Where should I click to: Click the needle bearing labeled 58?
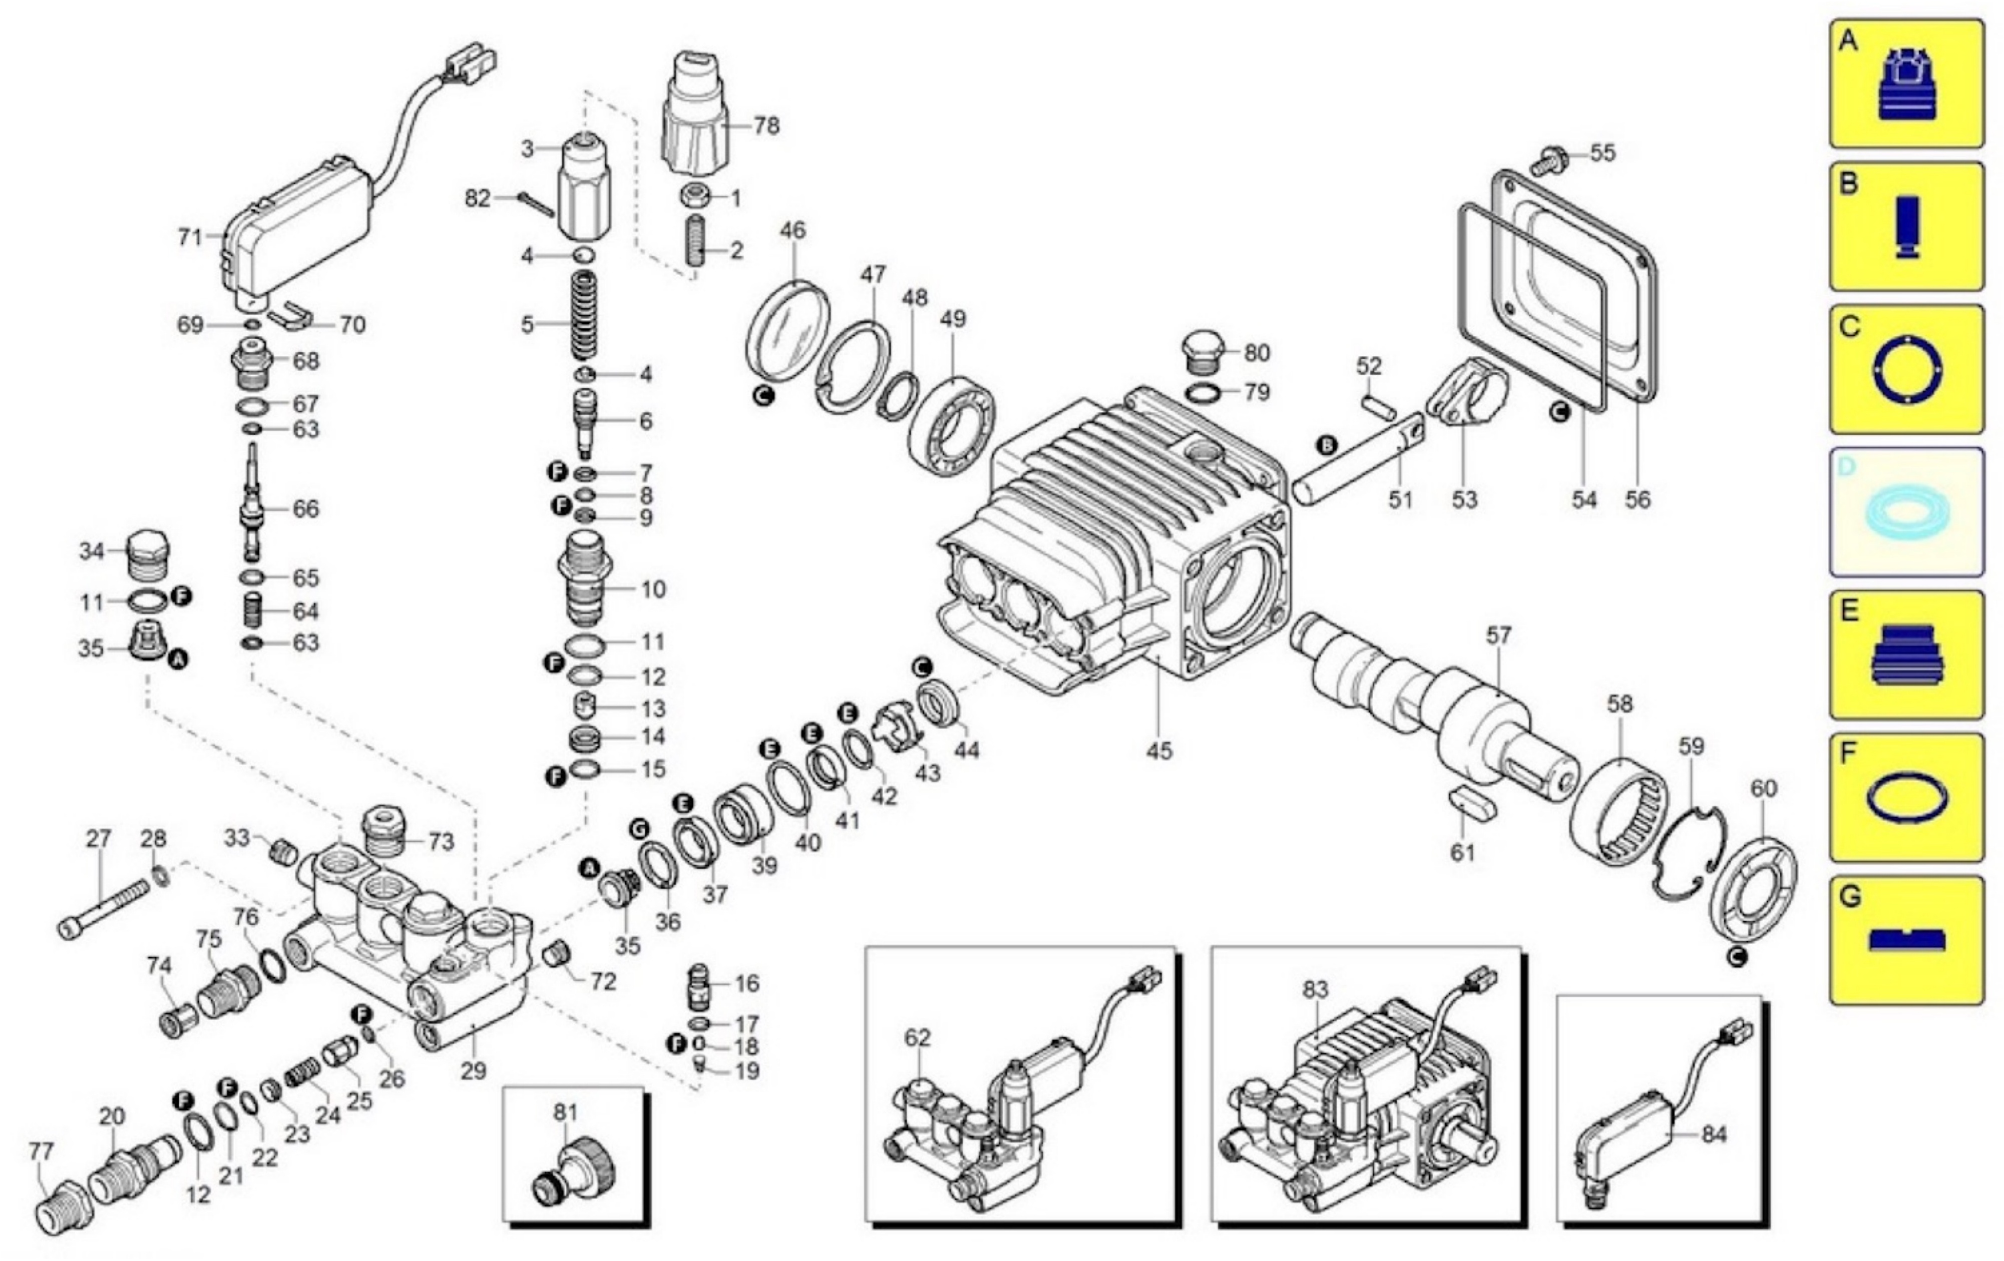tap(1619, 811)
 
